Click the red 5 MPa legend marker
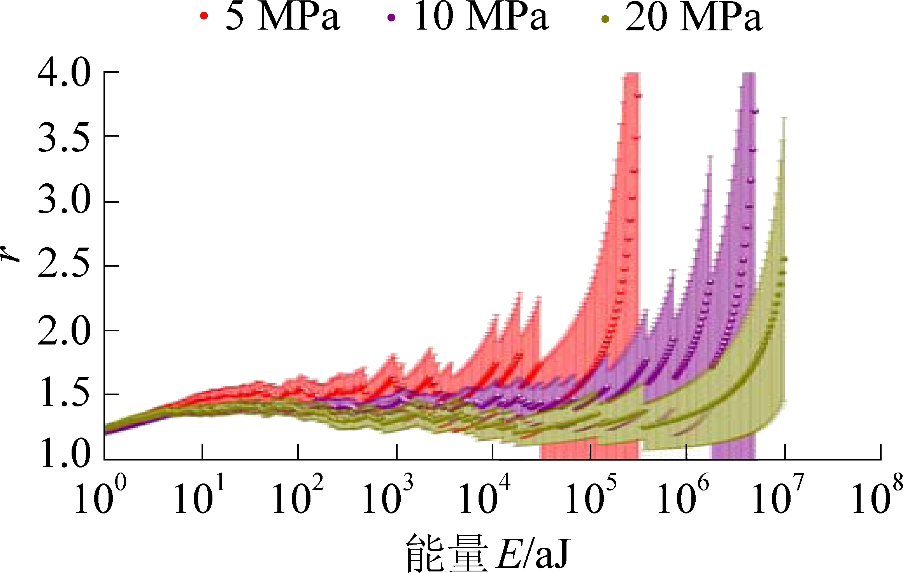[x=204, y=16]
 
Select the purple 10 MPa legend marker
[x=391, y=18]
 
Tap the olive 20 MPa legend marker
[x=605, y=19]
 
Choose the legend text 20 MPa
[x=693, y=18]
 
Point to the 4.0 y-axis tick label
[x=64, y=73]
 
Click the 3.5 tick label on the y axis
[x=64, y=137]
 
